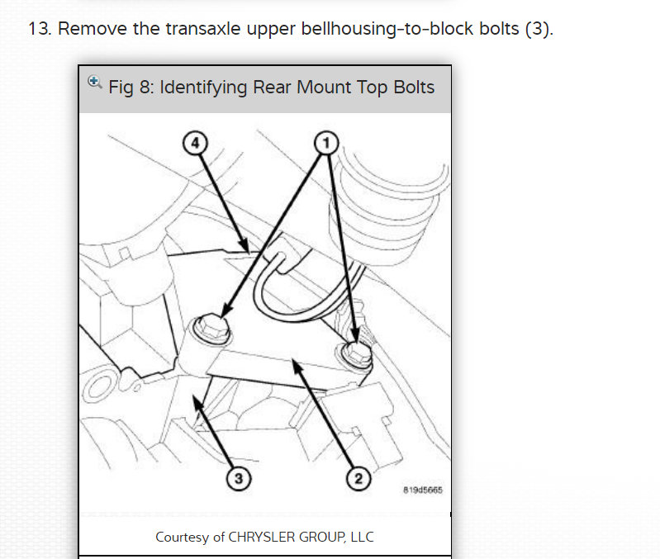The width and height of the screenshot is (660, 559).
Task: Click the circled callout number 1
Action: click(325, 143)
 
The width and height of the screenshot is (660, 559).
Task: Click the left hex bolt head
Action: click(208, 329)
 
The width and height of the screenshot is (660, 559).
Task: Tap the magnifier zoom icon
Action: click(94, 83)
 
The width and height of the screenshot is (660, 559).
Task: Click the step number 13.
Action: click(39, 30)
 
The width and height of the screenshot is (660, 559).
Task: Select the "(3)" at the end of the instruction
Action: click(537, 30)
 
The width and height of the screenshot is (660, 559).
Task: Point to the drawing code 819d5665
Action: click(422, 490)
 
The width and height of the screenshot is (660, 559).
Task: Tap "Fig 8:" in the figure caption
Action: click(131, 88)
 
